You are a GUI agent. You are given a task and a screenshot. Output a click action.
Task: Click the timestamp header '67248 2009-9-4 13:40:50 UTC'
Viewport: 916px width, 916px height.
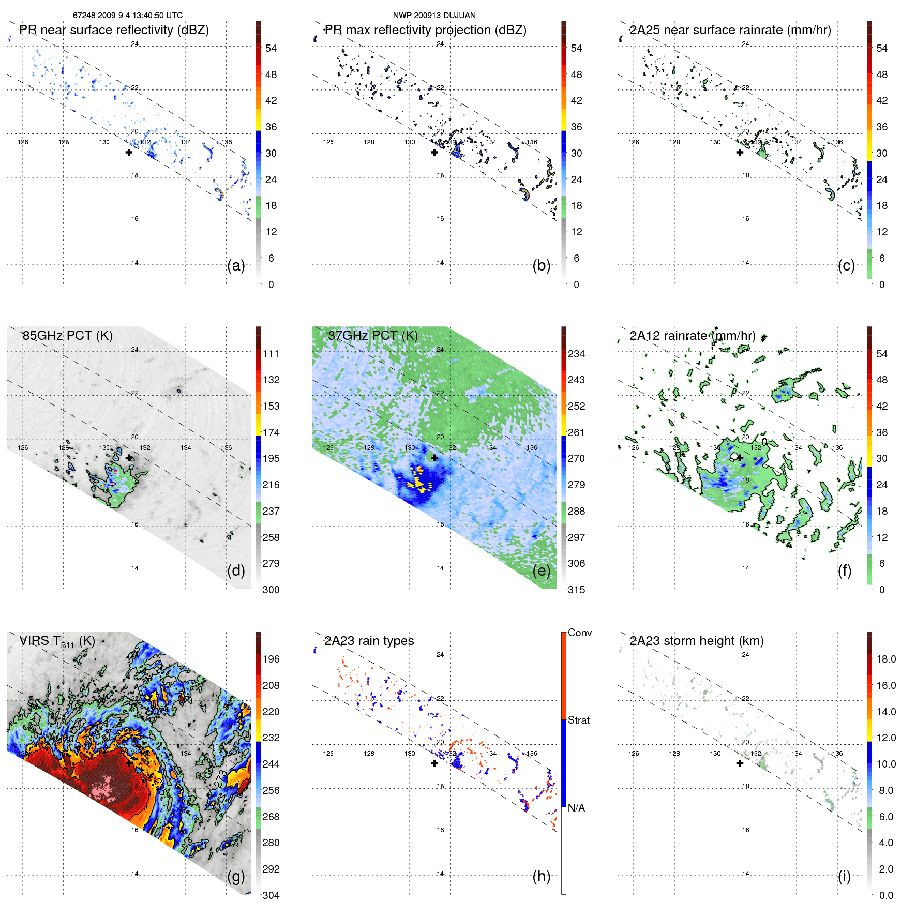pos(127,16)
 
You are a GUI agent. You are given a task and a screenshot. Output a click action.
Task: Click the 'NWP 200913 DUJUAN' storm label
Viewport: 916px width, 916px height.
pos(434,16)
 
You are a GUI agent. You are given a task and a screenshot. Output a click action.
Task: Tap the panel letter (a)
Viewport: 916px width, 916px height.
pos(236,265)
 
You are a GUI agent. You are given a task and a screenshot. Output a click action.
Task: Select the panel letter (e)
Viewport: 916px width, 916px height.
pos(541,570)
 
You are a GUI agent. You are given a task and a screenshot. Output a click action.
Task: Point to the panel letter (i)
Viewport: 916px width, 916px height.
pos(844,876)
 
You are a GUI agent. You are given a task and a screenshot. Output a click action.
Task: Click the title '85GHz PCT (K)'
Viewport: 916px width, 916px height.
pos(67,335)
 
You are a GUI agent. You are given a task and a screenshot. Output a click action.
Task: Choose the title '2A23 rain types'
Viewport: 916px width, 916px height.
pos(369,641)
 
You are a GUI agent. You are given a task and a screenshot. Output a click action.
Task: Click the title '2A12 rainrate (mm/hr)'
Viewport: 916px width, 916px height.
pos(692,335)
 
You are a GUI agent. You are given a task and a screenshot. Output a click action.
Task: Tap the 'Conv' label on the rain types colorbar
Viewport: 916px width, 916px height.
pos(579,633)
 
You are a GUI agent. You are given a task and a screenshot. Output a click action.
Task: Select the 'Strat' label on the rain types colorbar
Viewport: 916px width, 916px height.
pos(578,720)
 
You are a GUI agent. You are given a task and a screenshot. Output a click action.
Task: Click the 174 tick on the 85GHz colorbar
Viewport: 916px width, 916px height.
pos(271,432)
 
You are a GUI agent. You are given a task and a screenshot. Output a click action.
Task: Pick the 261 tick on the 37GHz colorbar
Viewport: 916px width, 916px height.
pos(576,432)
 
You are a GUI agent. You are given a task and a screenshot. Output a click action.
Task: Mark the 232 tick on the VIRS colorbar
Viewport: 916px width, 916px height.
pos(271,738)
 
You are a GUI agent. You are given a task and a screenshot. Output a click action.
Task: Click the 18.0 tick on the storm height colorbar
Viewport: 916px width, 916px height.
pos(885,659)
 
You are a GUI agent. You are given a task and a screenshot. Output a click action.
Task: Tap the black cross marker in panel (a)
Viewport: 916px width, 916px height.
pos(129,152)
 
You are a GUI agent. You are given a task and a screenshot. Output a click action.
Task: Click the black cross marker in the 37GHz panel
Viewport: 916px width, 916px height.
pos(434,458)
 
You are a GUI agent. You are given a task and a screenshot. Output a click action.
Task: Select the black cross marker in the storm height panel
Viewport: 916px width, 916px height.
pos(740,763)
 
